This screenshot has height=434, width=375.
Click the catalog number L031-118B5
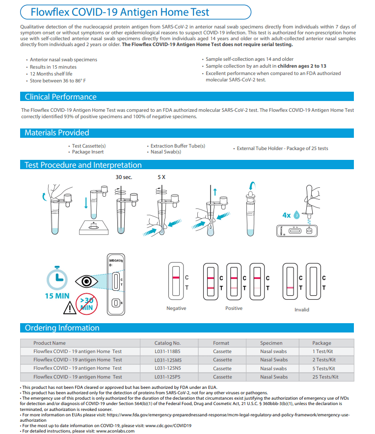pyautogui.click(x=167, y=352)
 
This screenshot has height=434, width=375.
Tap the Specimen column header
pyautogui.click(x=271, y=343)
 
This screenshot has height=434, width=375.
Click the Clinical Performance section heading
pyautogui.click(x=61, y=97)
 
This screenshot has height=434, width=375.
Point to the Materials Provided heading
pyautogui.click(x=57, y=132)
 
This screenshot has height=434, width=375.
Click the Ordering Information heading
pyautogui.click(x=62, y=328)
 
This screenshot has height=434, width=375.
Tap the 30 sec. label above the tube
pyautogui.click(x=124, y=177)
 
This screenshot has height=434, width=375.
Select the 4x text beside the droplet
pyautogui.click(x=287, y=215)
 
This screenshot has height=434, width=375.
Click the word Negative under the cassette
pyautogui.click(x=176, y=308)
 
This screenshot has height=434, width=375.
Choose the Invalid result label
pyautogui.click(x=302, y=309)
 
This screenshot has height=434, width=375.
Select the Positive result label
pyautogui.click(x=234, y=308)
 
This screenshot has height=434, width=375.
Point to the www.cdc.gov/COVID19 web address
pyautogui.click(x=168, y=426)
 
